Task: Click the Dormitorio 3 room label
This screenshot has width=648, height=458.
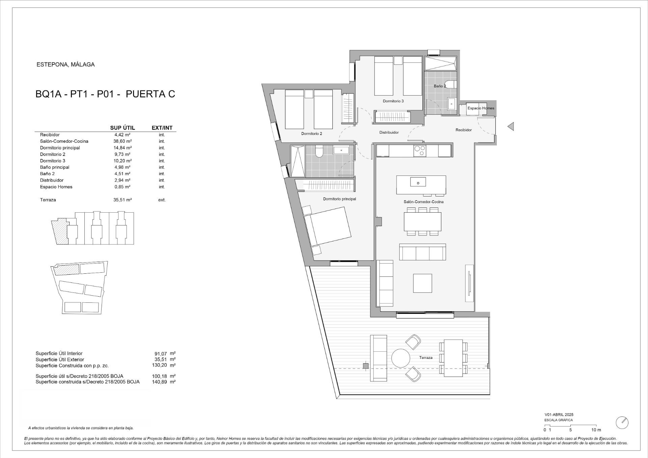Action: coord(393,101)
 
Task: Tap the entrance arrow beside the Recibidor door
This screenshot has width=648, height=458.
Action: coord(511,127)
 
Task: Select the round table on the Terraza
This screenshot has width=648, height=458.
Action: coord(401,358)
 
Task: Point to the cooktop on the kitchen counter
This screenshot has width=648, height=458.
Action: coord(420,151)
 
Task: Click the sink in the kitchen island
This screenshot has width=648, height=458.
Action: coord(418,182)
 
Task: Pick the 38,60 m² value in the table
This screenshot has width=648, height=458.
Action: coord(123,141)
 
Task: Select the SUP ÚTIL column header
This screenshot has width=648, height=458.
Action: coord(123,128)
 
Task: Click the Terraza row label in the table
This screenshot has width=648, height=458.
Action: coord(48,200)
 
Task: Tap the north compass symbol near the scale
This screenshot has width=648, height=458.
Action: coord(622,423)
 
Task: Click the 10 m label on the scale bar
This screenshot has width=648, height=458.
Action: coord(596,430)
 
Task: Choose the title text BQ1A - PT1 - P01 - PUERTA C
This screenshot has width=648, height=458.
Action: coord(105,94)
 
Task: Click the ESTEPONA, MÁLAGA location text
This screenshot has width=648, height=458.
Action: coord(65,64)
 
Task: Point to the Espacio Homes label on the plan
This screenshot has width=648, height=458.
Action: coord(481,108)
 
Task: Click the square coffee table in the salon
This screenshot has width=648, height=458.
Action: coord(423,283)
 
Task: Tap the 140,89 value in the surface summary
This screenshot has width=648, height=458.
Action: coord(159,382)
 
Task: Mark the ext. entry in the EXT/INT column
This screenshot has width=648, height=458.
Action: coord(162,200)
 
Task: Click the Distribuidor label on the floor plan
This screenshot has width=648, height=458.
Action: coord(389,132)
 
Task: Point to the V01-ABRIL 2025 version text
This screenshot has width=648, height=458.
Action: coord(559,414)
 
